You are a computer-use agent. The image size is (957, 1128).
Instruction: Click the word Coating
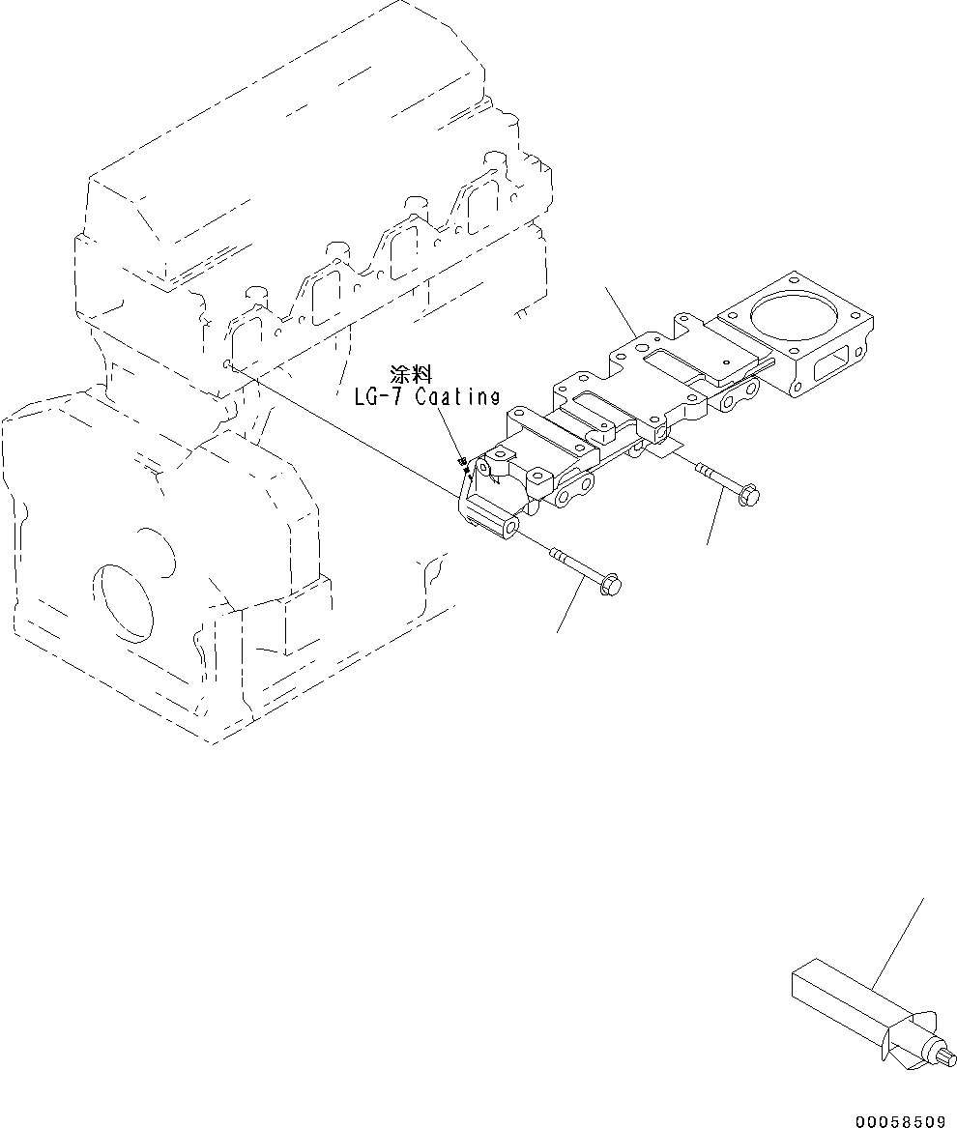pyautogui.click(x=460, y=396)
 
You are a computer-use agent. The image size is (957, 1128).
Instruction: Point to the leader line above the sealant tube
pyautogui.click(x=899, y=942)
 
